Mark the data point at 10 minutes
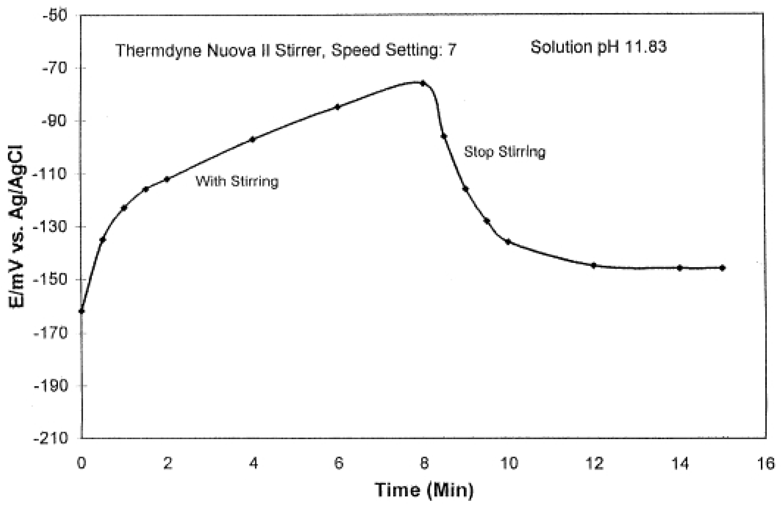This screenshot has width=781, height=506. tap(508, 242)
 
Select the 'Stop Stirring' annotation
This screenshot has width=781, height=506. tap(504, 152)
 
